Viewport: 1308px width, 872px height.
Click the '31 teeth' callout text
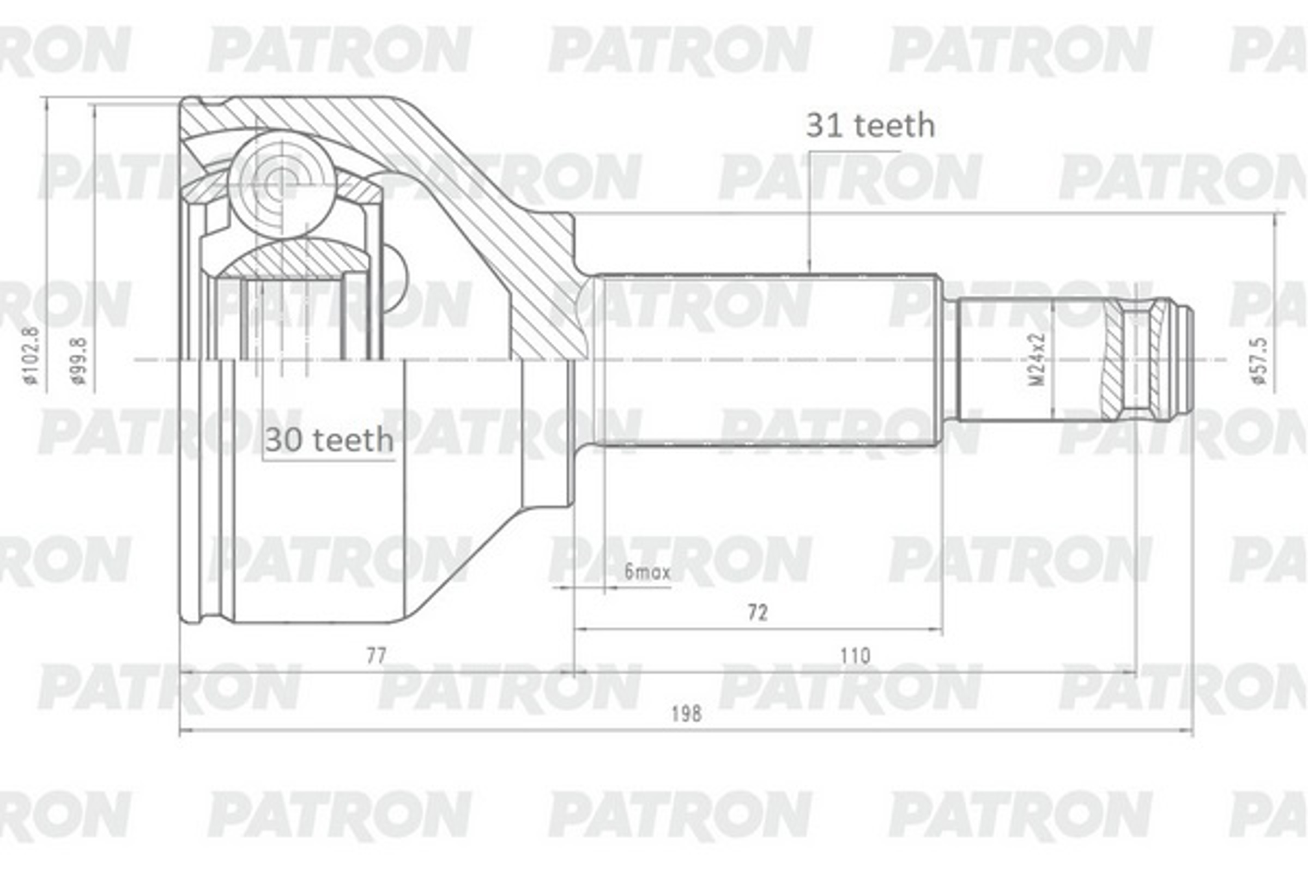pos(870,126)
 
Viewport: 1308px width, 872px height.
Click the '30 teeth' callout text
pos(329,440)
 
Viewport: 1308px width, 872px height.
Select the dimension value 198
pos(686,714)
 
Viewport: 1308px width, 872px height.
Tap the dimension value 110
pos(855,656)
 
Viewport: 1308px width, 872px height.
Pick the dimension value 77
pos(376,656)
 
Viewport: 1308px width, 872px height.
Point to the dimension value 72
pos(758,613)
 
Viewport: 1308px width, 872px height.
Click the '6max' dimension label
pos(647,572)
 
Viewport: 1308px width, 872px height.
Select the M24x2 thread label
pos(1037,359)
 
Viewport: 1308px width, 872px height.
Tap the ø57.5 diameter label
pos(1260,360)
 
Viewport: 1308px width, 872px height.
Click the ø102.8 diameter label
pos(31,356)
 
